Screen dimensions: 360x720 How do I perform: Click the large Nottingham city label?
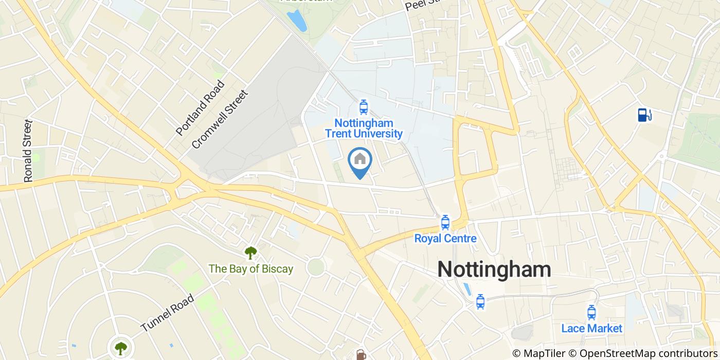[494, 269]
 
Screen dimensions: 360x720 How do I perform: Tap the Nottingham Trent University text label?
[364, 129]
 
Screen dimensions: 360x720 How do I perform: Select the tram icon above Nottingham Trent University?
[364, 107]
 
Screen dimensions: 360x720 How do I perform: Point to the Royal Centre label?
[445, 239]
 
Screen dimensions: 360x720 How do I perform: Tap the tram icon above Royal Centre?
[445, 223]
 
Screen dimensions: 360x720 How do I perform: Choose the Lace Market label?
[591, 328]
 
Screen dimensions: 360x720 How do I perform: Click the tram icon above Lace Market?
[591, 312]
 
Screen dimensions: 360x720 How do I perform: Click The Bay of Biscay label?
[250, 268]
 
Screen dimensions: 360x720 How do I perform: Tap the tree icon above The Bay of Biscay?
[250, 253]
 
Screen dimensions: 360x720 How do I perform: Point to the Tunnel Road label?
[167, 313]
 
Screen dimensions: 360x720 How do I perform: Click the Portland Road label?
[200, 108]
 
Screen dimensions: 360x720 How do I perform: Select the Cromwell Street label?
[219, 120]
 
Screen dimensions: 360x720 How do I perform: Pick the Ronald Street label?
[28, 151]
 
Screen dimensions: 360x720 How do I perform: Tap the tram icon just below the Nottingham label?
[480, 301]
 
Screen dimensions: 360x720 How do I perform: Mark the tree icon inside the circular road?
[121, 348]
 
